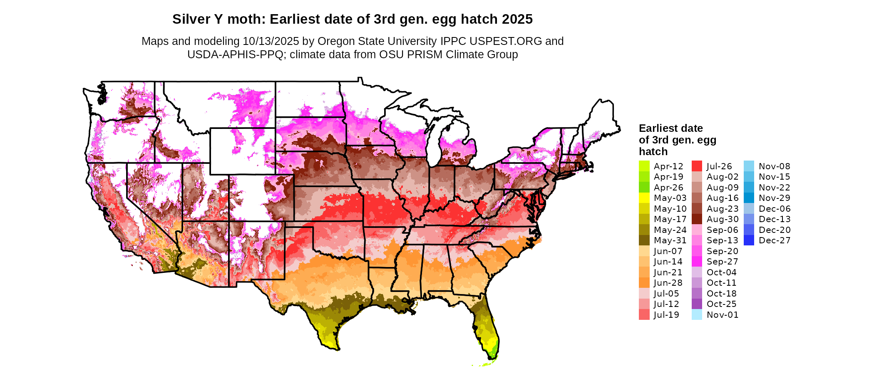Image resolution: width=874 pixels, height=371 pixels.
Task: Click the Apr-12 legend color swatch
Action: click(644, 166)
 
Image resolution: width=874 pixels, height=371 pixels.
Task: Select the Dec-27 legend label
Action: click(774, 240)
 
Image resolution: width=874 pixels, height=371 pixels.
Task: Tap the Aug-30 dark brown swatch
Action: click(697, 219)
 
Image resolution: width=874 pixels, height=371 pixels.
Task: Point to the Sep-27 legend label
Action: click(722, 262)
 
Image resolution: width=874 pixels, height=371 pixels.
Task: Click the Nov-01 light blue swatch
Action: click(697, 315)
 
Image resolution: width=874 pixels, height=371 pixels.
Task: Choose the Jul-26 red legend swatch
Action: click(697, 166)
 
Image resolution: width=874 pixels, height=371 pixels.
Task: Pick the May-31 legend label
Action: click(670, 240)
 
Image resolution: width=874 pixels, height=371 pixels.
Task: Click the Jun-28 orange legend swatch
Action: click(644, 283)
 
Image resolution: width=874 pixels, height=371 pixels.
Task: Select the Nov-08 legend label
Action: click(774, 166)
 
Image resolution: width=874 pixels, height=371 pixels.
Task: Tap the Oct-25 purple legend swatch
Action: click(697, 304)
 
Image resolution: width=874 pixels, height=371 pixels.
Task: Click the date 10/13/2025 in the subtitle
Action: click(271, 41)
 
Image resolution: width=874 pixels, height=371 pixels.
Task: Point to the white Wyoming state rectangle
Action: click(242, 151)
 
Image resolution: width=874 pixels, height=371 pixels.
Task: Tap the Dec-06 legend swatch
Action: click(749, 208)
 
